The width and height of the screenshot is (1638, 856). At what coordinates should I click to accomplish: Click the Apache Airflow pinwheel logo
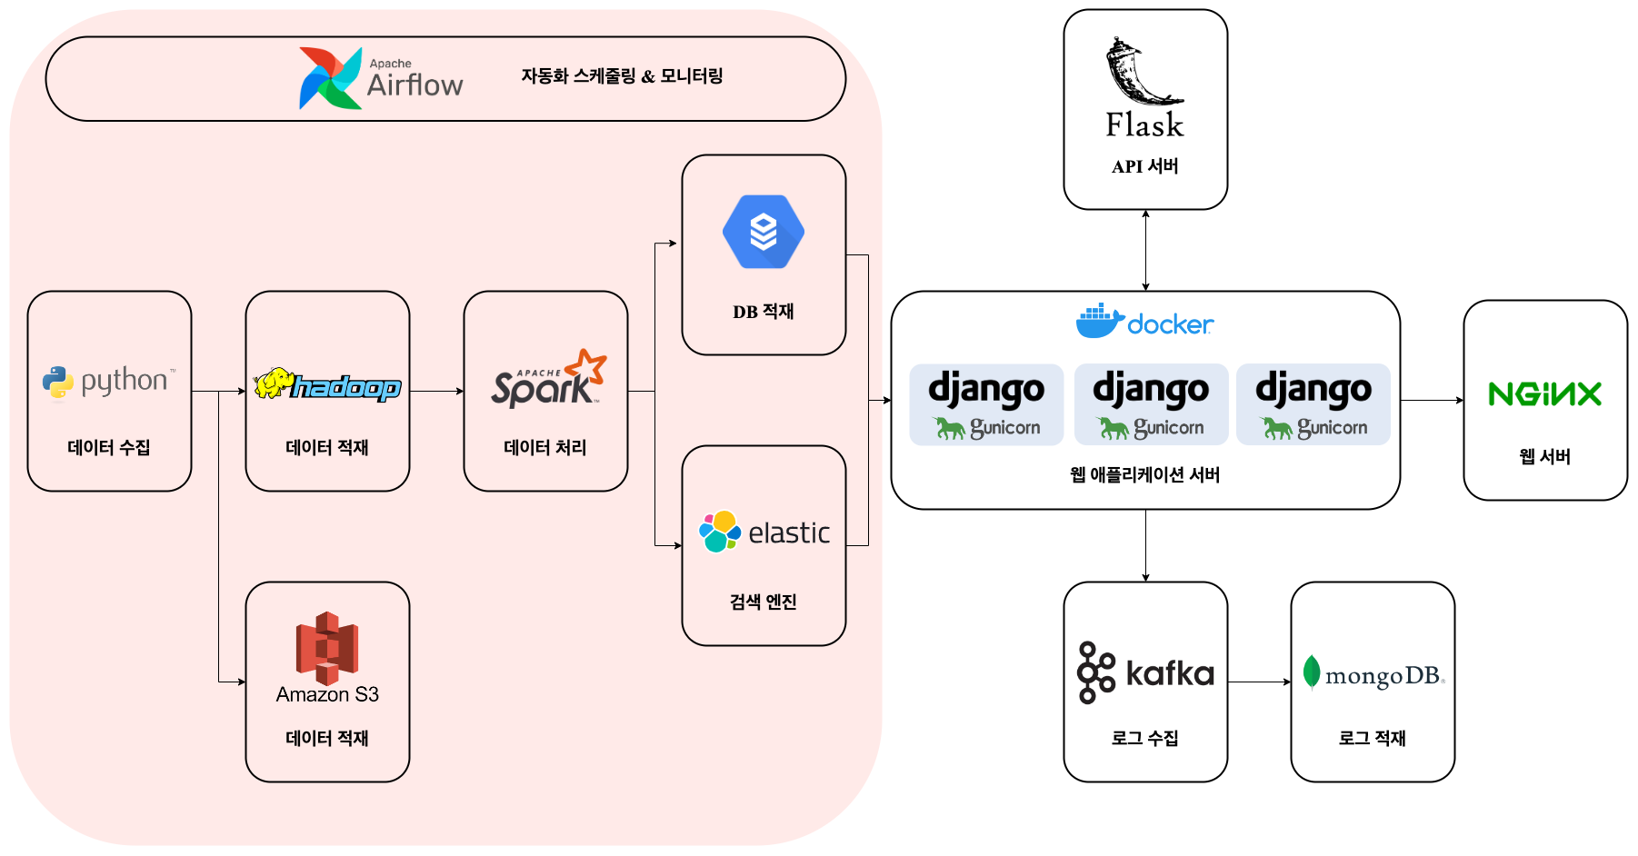coord(330,79)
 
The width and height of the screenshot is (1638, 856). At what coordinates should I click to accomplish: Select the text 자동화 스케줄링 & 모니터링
coord(622,76)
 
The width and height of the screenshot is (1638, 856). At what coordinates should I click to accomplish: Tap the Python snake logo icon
coord(58,383)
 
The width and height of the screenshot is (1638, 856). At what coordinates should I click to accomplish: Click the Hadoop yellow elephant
coord(273,383)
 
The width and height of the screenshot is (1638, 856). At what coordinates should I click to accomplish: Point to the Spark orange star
coord(587,366)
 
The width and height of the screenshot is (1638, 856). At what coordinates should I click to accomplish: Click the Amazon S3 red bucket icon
coord(327,648)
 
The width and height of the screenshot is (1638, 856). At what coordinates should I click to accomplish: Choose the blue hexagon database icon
coord(764,232)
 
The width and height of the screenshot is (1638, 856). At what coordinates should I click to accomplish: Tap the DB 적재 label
coord(764,312)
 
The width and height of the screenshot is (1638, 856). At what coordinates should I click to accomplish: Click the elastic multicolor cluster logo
coord(719,532)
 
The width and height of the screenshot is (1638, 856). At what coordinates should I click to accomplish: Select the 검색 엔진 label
coord(764,602)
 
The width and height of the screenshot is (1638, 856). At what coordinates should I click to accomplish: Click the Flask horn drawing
coord(1141,73)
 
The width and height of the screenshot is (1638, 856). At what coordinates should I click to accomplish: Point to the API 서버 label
coord(1145,166)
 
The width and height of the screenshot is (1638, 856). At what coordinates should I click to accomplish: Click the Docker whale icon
coord(1099,322)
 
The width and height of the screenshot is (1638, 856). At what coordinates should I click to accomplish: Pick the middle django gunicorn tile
coord(1151,404)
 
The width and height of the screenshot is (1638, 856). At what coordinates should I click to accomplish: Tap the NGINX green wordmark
coord(1544,394)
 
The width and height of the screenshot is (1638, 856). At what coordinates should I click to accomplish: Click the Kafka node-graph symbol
coord(1096,672)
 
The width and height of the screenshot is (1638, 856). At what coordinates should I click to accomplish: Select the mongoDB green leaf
coord(1311,673)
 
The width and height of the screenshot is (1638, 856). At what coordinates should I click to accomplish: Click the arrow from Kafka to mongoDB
coord(1259,682)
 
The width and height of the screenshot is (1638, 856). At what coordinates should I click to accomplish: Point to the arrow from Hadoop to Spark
coord(436,392)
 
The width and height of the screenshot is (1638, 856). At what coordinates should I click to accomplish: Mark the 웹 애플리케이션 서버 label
coord(1145,474)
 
